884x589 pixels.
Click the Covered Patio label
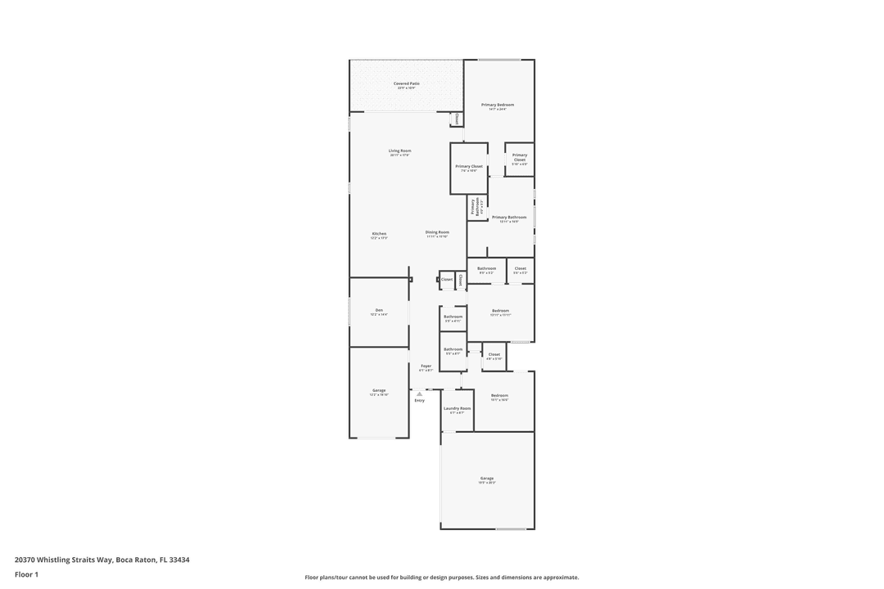click(406, 83)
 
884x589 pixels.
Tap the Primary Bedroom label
click(498, 106)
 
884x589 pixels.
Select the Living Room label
click(399, 151)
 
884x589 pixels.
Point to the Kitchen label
click(378, 234)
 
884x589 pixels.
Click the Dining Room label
click(437, 233)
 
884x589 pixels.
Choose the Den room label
click(379, 311)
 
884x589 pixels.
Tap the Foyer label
click(426, 366)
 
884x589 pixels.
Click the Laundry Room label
click(457, 409)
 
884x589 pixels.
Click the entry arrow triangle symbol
click(419, 393)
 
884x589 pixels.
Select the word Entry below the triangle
click(419, 400)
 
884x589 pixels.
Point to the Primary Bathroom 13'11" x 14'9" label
click(509, 218)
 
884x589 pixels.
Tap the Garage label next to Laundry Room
click(487, 479)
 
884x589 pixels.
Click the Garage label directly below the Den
click(379, 392)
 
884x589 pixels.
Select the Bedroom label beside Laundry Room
click(499, 397)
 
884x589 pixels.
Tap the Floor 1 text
click(26, 574)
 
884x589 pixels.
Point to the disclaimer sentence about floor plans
click(441, 577)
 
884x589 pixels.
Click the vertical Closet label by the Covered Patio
click(457, 119)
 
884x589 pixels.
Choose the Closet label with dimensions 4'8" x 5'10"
click(494, 356)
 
